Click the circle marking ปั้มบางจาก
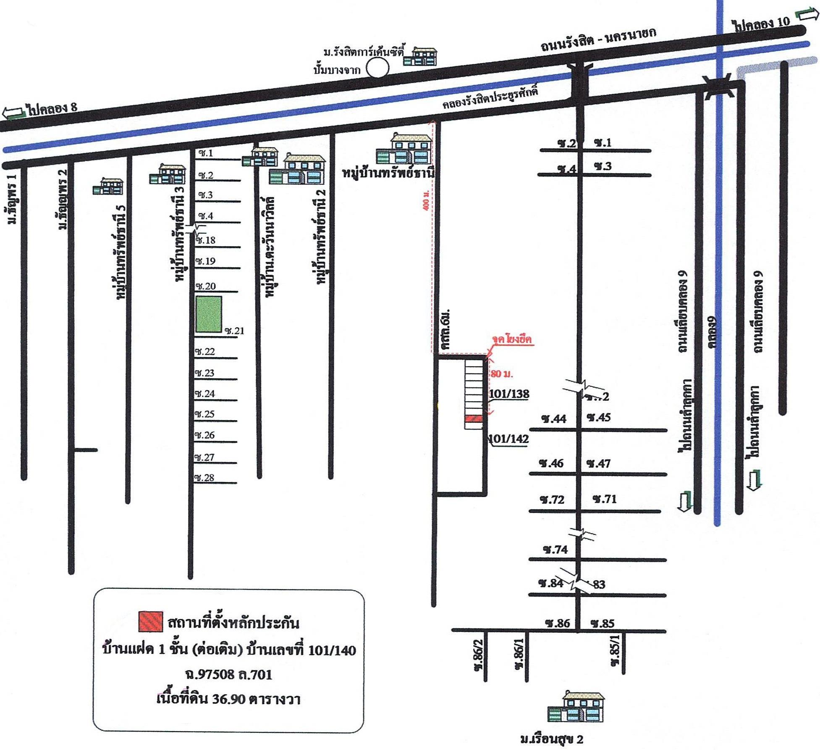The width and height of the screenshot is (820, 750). point(377,68)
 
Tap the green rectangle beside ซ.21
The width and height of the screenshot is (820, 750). point(209,315)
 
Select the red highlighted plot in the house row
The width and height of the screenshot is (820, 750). point(473,418)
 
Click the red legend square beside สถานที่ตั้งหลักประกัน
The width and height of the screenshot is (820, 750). point(150,622)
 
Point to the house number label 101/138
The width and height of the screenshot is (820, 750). point(509,394)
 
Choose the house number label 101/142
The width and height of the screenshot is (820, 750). point(509,439)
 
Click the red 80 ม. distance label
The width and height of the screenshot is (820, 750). point(502,374)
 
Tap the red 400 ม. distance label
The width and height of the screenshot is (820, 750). point(426,200)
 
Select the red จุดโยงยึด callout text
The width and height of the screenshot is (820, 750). point(512,339)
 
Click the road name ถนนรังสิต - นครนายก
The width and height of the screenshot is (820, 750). point(598,40)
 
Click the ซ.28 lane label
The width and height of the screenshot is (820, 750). point(204,478)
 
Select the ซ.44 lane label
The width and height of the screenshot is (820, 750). point(553,419)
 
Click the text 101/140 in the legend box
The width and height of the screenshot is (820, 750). point(332,650)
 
